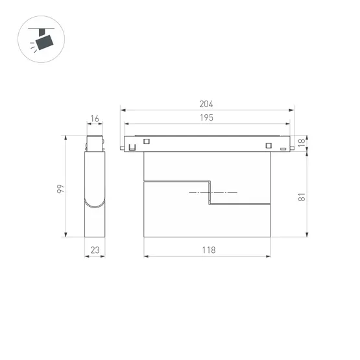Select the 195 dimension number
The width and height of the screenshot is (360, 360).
207,117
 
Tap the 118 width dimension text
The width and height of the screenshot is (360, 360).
208,250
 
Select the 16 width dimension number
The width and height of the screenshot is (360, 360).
95,119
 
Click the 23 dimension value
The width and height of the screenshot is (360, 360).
95,250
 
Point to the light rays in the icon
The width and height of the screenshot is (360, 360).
33,47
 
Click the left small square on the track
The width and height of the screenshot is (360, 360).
147,142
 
